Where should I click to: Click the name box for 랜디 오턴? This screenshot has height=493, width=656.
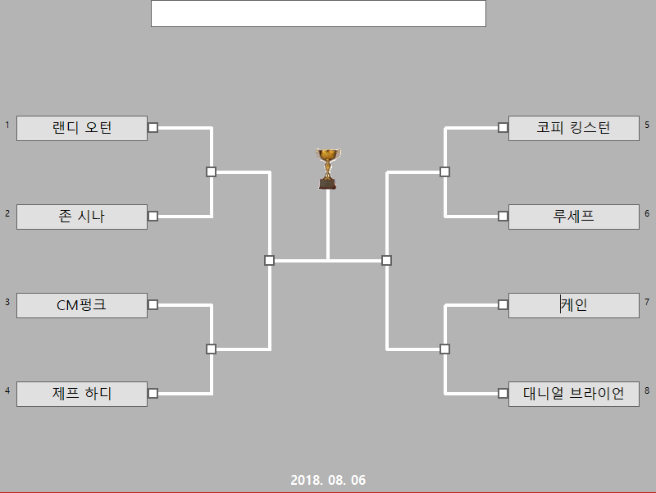pos(82,128)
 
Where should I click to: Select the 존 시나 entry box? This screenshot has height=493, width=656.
pos(82,217)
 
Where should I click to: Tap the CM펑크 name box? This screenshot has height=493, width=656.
pos(82,305)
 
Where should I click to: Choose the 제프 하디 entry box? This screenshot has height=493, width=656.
pos(82,394)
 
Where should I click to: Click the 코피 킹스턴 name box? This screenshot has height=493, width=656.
pos(573,128)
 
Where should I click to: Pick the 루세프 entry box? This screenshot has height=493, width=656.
pos(573,217)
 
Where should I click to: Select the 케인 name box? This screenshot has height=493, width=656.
pos(573,305)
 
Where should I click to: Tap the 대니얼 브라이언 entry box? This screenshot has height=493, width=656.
pos(573,394)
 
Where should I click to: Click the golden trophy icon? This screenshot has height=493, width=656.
pos(327,168)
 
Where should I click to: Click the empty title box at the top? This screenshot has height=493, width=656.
pos(318,13)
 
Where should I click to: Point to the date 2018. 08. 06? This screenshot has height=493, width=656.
pos(328,480)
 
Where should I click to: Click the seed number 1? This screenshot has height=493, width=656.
pos(7,125)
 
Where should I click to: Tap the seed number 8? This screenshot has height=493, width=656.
pos(647,390)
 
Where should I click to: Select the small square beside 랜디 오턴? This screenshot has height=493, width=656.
pos(153,127)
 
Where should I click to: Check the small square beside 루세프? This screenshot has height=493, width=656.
pos(503,216)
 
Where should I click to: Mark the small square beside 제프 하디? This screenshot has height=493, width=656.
pos(153,393)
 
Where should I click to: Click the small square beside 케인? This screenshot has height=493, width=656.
pos(503,304)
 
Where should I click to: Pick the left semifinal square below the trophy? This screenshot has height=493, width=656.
pos(269,260)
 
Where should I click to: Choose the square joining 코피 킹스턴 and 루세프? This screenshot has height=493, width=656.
pos(444,171)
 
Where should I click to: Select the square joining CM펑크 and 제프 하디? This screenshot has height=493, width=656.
pos(211,349)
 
